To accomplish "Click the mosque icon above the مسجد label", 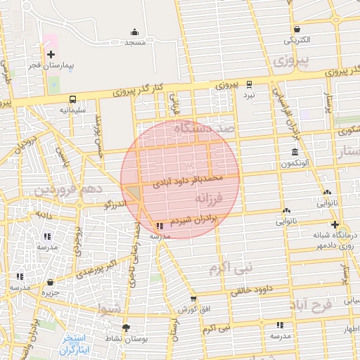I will [x=134, y=32].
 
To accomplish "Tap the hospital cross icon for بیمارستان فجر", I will [x=51, y=54].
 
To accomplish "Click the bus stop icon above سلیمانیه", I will [x=72, y=100].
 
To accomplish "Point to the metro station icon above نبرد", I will [x=248, y=84].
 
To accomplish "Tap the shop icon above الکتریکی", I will [x=298, y=30].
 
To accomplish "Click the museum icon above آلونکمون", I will [x=294, y=153].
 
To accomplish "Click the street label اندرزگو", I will [x=114, y=205].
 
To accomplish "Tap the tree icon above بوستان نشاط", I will [x=126, y=328].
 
